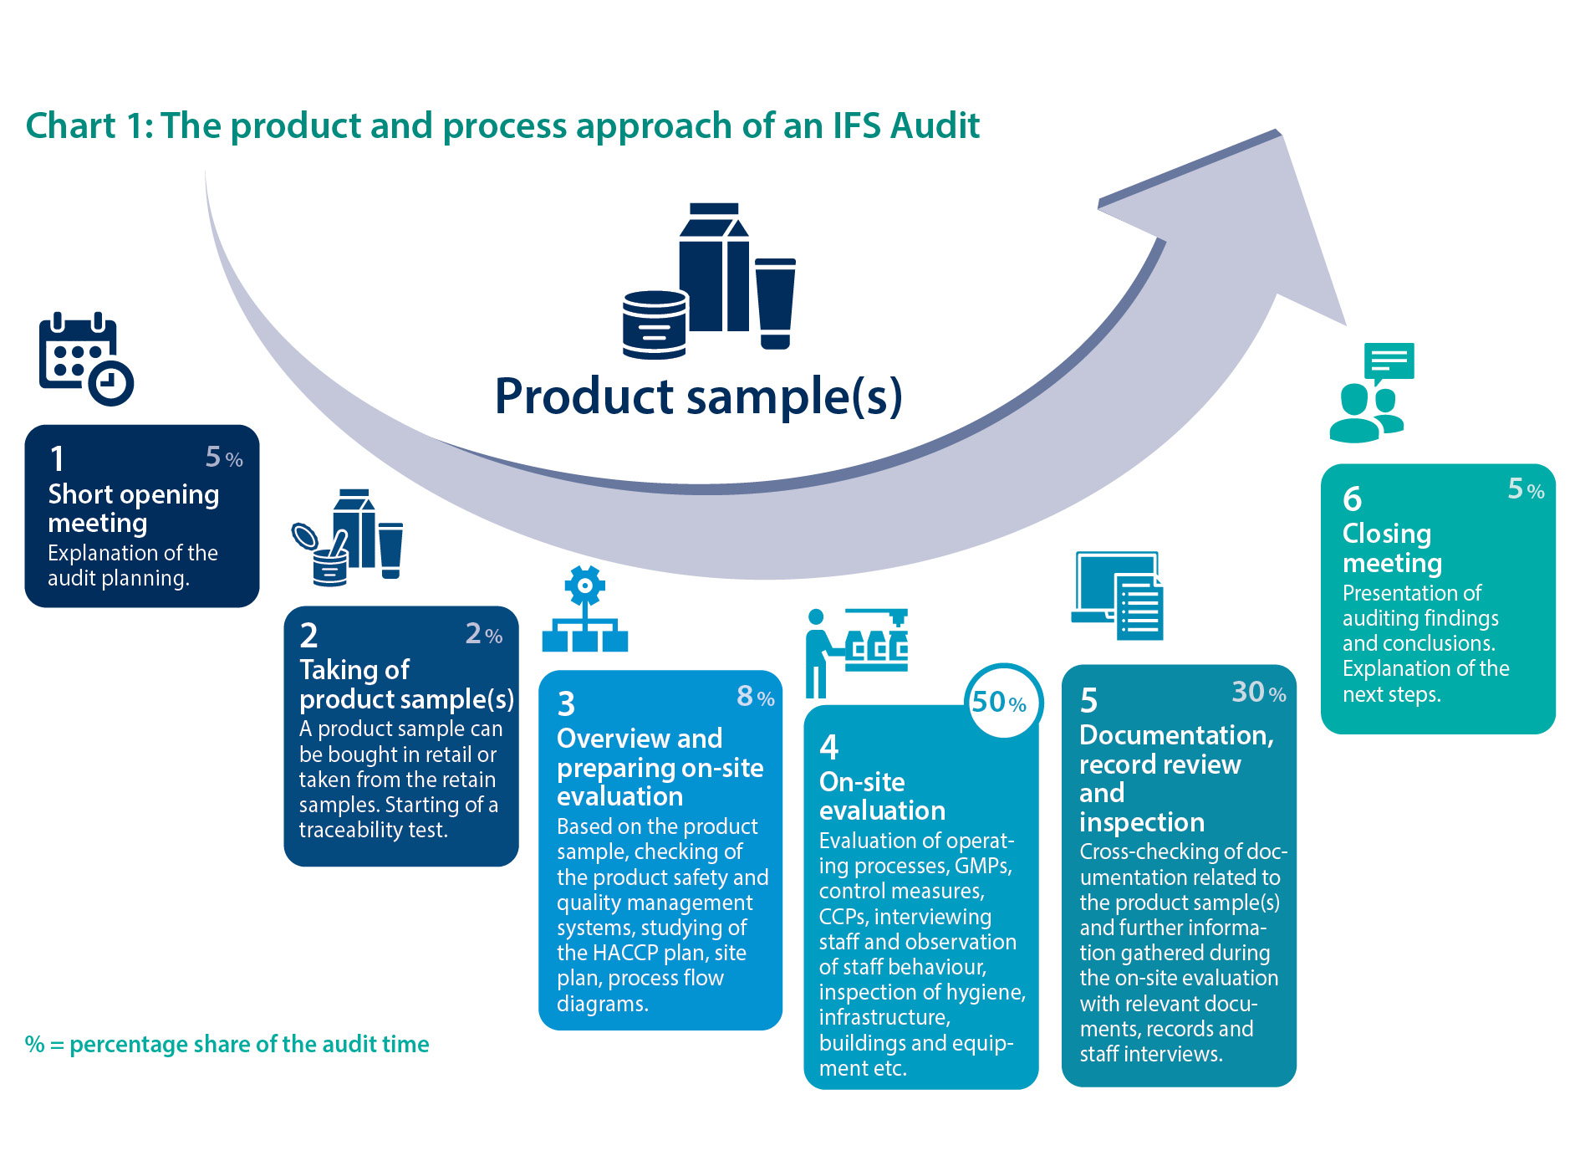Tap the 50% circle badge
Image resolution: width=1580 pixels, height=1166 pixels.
[1002, 702]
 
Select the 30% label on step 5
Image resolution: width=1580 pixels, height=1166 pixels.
[1258, 693]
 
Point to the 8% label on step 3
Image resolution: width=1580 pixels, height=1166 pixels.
[755, 697]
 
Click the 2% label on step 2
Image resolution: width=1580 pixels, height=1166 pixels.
[483, 635]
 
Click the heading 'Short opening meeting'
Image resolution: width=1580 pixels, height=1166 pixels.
[133, 508]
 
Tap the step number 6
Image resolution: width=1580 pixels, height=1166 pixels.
[1352, 499]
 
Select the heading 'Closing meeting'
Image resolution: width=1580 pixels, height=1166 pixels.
[1392, 548]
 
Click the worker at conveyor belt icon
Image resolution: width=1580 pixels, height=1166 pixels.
[856, 652]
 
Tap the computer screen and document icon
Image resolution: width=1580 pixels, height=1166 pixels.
[1118, 596]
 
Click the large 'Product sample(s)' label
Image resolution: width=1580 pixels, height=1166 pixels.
[698, 396]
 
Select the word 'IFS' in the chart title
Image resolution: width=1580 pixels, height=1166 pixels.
[857, 125]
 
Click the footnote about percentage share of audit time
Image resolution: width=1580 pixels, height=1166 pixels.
[227, 1044]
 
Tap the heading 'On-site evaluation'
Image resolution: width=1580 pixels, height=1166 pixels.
[882, 795]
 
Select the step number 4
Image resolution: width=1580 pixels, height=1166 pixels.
[828, 746]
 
